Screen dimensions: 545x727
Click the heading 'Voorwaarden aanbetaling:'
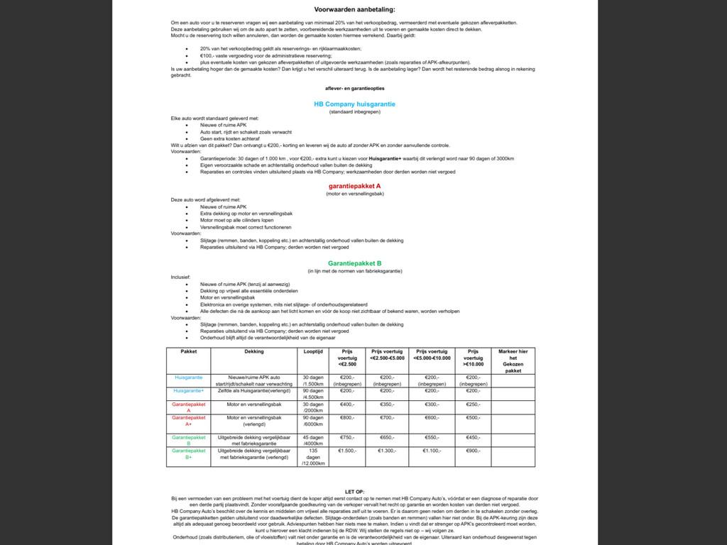pyautogui.click(x=354, y=9)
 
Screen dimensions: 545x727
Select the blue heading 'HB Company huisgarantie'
pyautogui.click(x=354, y=104)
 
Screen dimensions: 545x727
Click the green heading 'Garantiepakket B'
pyautogui.click(x=354, y=263)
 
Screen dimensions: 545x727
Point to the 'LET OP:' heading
pyautogui.click(x=354, y=491)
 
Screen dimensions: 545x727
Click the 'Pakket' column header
pyautogui.click(x=189, y=351)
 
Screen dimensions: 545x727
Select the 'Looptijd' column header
pyautogui.click(x=313, y=351)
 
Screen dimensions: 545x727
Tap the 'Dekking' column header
pyautogui.click(x=254, y=351)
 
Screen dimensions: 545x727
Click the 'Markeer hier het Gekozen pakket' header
pyautogui.click(x=513, y=360)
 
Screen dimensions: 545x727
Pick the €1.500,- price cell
pyautogui.click(x=347, y=451)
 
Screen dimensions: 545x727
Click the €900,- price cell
pyautogui.click(x=473, y=451)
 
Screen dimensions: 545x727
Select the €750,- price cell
pyautogui.click(x=347, y=438)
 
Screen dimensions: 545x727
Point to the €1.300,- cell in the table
pyautogui.click(x=387, y=451)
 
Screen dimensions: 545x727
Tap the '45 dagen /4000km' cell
pyautogui.click(x=313, y=441)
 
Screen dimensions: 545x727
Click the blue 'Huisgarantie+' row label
pyautogui.click(x=189, y=390)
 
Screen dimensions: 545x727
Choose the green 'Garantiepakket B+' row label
pyautogui.click(x=189, y=454)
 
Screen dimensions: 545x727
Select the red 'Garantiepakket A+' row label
pyautogui.click(x=189, y=421)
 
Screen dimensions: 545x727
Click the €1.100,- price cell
pyautogui.click(x=432, y=451)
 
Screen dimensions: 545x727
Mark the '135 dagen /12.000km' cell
pyautogui.click(x=313, y=457)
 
